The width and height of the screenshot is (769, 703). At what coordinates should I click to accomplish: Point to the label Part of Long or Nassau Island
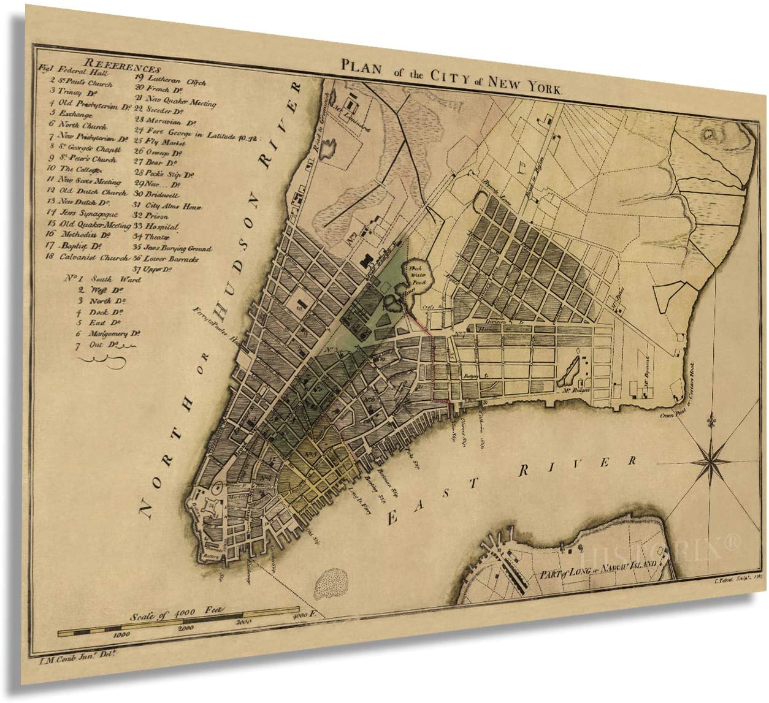tap(598, 570)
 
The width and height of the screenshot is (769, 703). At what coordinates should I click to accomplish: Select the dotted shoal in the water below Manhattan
tap(331, 582)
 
